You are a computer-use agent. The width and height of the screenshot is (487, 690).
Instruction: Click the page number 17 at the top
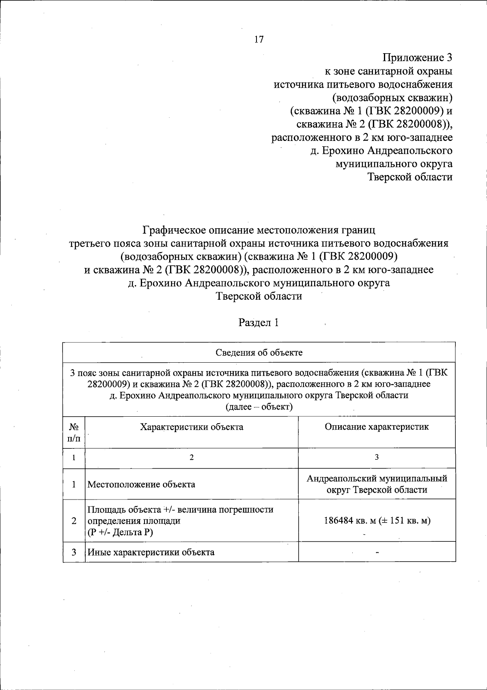(259, 39)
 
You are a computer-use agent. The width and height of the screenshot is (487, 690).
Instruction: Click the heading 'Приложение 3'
(418, 58)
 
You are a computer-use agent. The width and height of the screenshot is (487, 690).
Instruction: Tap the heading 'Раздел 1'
(259, 323)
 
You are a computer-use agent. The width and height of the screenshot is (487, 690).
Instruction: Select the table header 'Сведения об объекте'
(259, 353)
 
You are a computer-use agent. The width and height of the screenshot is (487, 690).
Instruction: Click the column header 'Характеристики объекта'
(192, 427)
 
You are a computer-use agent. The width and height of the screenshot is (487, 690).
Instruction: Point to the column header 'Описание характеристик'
(377, 427)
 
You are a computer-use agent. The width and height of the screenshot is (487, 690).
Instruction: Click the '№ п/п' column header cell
(74, 433)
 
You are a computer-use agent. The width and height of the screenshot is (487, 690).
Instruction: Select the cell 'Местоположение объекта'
(141, 485)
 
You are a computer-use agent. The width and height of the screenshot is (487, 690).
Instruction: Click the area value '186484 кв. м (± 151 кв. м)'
(377, 521)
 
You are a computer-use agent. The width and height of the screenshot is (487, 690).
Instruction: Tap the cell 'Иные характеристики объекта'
(151, 552)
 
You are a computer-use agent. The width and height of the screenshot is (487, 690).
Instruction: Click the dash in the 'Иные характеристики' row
(377, 553)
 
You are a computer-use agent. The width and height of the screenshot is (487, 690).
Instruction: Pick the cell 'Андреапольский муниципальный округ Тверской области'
(377, 484)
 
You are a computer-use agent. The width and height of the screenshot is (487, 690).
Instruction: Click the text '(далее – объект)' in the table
(259, 407)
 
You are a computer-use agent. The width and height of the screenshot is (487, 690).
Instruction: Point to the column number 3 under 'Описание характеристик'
(377, 457)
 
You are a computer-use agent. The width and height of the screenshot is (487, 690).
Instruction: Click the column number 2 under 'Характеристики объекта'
(192, 457)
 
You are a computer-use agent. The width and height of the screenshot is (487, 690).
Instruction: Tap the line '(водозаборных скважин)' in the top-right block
(392, 97)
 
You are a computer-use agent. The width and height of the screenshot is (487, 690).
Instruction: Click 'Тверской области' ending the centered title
(259, 296)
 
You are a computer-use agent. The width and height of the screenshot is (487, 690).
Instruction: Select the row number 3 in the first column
(74, 552)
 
